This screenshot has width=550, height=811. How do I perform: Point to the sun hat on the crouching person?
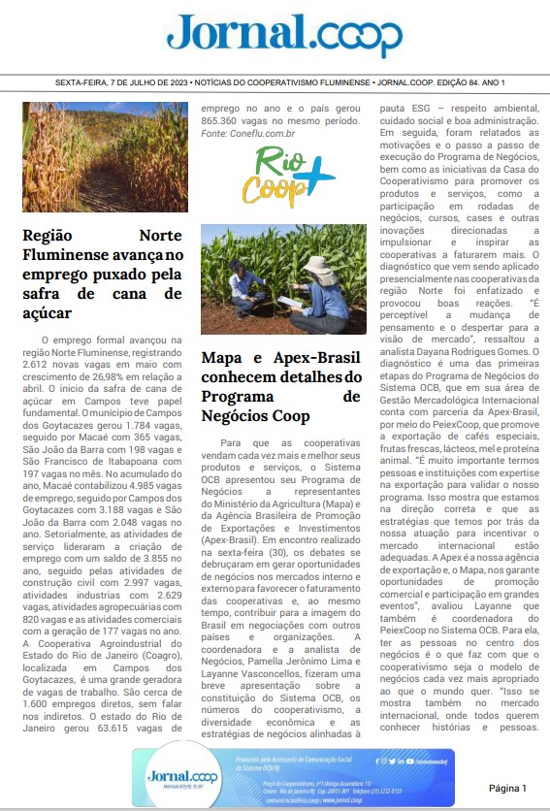(315, 264)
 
